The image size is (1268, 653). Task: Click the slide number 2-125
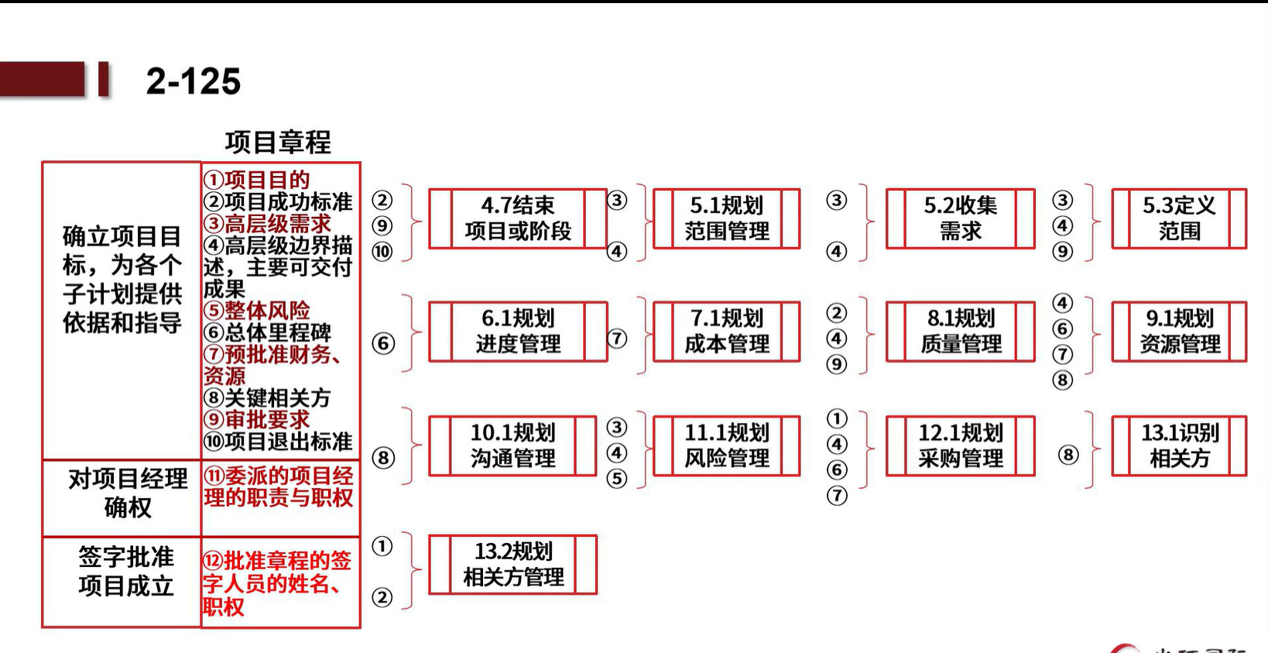pyautogui.click(x=193, y=81)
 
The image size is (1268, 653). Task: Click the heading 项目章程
pyautogui.click(x=278, y=142)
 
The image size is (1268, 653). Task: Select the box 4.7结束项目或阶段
pyautogui.click(x=518, y=218)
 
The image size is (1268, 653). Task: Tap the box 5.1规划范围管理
pyautogui.click(x=727, y=218)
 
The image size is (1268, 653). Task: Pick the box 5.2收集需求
pyautogui.click(x=961, y=218)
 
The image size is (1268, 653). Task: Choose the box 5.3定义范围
pyautogui.click(x=1179, y=218)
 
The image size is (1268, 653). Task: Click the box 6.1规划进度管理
pyautogui.click(x=518, y=332)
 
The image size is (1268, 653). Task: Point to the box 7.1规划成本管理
pyautogui.click(x=727, y=332)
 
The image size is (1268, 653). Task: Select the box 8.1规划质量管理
pyautogui.click(x=961, y=332)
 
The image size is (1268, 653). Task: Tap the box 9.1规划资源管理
pyautogui.click(x=1179, y=332)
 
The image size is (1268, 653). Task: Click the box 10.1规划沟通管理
pyautogui.click(x=513, y=445)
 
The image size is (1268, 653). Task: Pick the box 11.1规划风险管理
pyautogui.click(x=727, y=445)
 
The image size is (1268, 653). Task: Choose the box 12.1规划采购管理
pyautogui.click(x=961, y=445)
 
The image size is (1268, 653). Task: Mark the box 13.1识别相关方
pyautogui.click(x=1179, y=445)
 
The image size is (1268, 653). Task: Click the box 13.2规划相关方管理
pyautogui.click(x=513, y=565)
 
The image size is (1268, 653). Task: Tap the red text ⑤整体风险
pyautogui.click(x=257, y=311)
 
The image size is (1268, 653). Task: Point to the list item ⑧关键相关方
pyautogui.click(x=267, y=397)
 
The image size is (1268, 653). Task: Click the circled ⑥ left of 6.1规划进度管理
pyautogui.click(x=383, y=343)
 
